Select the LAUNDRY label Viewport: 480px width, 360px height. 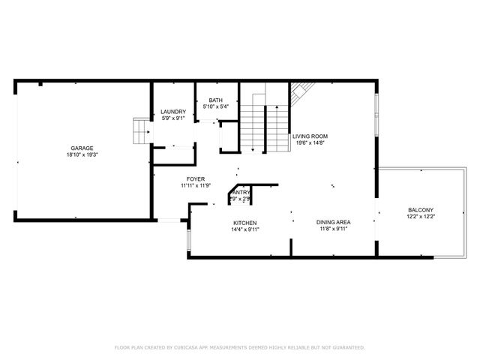[x=173, y=112]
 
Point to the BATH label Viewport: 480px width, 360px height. [x=215, y=100]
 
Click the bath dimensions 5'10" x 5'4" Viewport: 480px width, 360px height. [x=215, y=107]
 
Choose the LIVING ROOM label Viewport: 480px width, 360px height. [x=310, y=136]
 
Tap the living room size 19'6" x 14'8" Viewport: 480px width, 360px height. [x=310, y=143]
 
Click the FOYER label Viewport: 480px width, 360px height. [x=196, y=178]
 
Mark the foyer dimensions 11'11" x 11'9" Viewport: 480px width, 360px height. [x=196, y=185]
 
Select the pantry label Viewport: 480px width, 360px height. [x=241, y=192]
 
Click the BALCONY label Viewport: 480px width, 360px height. [x=421, y=209]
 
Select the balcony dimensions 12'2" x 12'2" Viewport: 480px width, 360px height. [x=421, y=216]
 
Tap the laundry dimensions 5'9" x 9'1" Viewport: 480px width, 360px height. [x=173, y=118]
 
